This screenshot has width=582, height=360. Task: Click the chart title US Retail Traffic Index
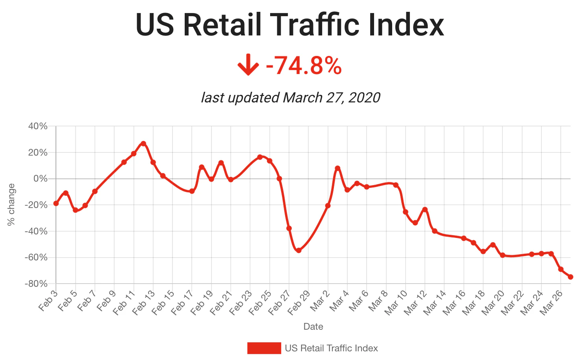click(x=290, y=25)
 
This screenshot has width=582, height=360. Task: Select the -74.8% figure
click(x=304, y=65)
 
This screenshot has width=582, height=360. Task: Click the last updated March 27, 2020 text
click(x=291, y=97)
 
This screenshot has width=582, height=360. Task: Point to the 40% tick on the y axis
click(x=38, y=126)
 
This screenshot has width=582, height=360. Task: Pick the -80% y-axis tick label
click(x=36, y=284)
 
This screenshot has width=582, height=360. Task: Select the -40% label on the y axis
click(x=36, y=231)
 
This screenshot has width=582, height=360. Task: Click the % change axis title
click(x=11, y=204)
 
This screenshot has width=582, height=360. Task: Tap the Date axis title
click(x=313, y=327)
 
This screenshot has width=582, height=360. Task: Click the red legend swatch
click(x=264, y=348)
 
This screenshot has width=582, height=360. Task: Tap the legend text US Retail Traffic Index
click(x=331, y=348)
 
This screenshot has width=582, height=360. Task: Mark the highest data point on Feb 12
click(x=143, y=144)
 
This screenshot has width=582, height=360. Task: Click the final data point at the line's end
click(x=570, y=277)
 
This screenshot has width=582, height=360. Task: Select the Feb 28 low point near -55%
click(x=298, y=251)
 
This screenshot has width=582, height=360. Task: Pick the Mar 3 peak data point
click(x=337, y=168)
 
